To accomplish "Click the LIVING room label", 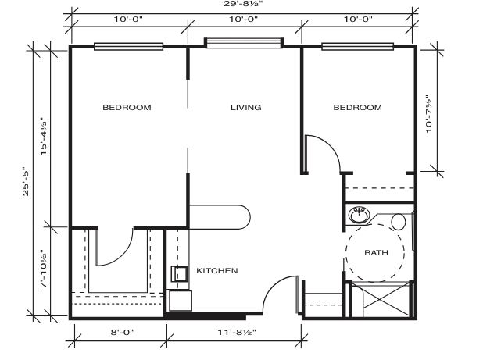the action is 246,108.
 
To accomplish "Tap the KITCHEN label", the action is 217,271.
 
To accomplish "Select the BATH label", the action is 376,252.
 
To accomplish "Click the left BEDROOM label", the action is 127,108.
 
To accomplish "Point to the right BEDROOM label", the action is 358,108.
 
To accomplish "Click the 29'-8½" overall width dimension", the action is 243,4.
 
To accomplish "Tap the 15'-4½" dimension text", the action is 44,137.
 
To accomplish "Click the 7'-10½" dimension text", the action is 44,269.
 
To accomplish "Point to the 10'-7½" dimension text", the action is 429,114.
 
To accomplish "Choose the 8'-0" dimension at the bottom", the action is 122,333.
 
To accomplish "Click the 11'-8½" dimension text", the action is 237,333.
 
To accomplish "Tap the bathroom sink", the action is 359,215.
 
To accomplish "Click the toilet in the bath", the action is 399,222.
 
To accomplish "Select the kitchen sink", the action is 180,274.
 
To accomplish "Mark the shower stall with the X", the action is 382,299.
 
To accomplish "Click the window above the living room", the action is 244,43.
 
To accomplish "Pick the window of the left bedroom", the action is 128,46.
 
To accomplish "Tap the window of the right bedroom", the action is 358,46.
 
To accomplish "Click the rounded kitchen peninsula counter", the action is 220,217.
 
